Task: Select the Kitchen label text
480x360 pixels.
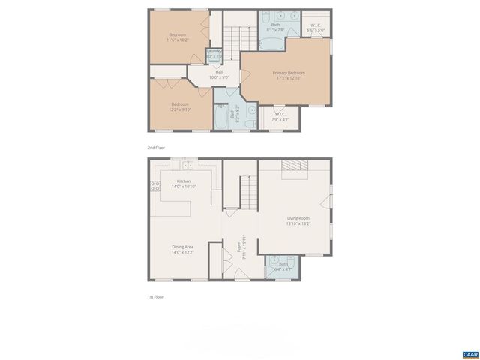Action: click(x=184, y=181)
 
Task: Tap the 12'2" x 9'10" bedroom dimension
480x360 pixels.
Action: click(x=179, y=109)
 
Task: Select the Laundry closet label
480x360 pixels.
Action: click(x=214, y=53)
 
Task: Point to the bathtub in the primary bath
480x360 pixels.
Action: click(x=271, y=44)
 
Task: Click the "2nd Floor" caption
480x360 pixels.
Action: click(x=156, y=148)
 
